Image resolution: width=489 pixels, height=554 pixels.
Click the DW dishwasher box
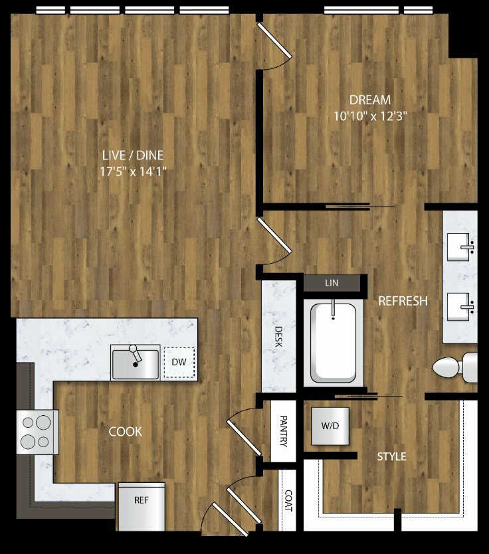(x=179, y=362)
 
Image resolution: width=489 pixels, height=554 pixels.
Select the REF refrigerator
(x=142, y=506)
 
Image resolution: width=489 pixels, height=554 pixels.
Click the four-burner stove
(x=37, y=432)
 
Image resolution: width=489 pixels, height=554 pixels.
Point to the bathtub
(x=333, y=343)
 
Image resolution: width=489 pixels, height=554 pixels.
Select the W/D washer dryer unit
(x=330, y=426)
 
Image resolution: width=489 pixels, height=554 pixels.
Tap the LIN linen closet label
(x=332, y=283)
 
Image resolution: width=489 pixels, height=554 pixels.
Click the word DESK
(x=278, y=336)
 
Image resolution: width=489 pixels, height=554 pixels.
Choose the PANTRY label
(x=283, y=431)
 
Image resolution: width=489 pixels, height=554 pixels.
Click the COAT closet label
(x=288, y=500)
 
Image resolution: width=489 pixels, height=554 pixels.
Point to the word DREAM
(x=370, y=100)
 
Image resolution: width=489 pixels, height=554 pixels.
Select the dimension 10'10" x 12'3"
(x=370, y=116)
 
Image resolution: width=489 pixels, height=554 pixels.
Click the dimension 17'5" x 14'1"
(x=133, y=172)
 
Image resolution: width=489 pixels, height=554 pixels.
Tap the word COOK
(x=125, y=431)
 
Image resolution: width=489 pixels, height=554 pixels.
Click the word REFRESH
(x=403, y=301)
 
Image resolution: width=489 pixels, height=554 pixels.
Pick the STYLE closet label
(x=391, y=456)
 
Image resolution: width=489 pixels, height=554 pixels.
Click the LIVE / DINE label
(x=133, y=155)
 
